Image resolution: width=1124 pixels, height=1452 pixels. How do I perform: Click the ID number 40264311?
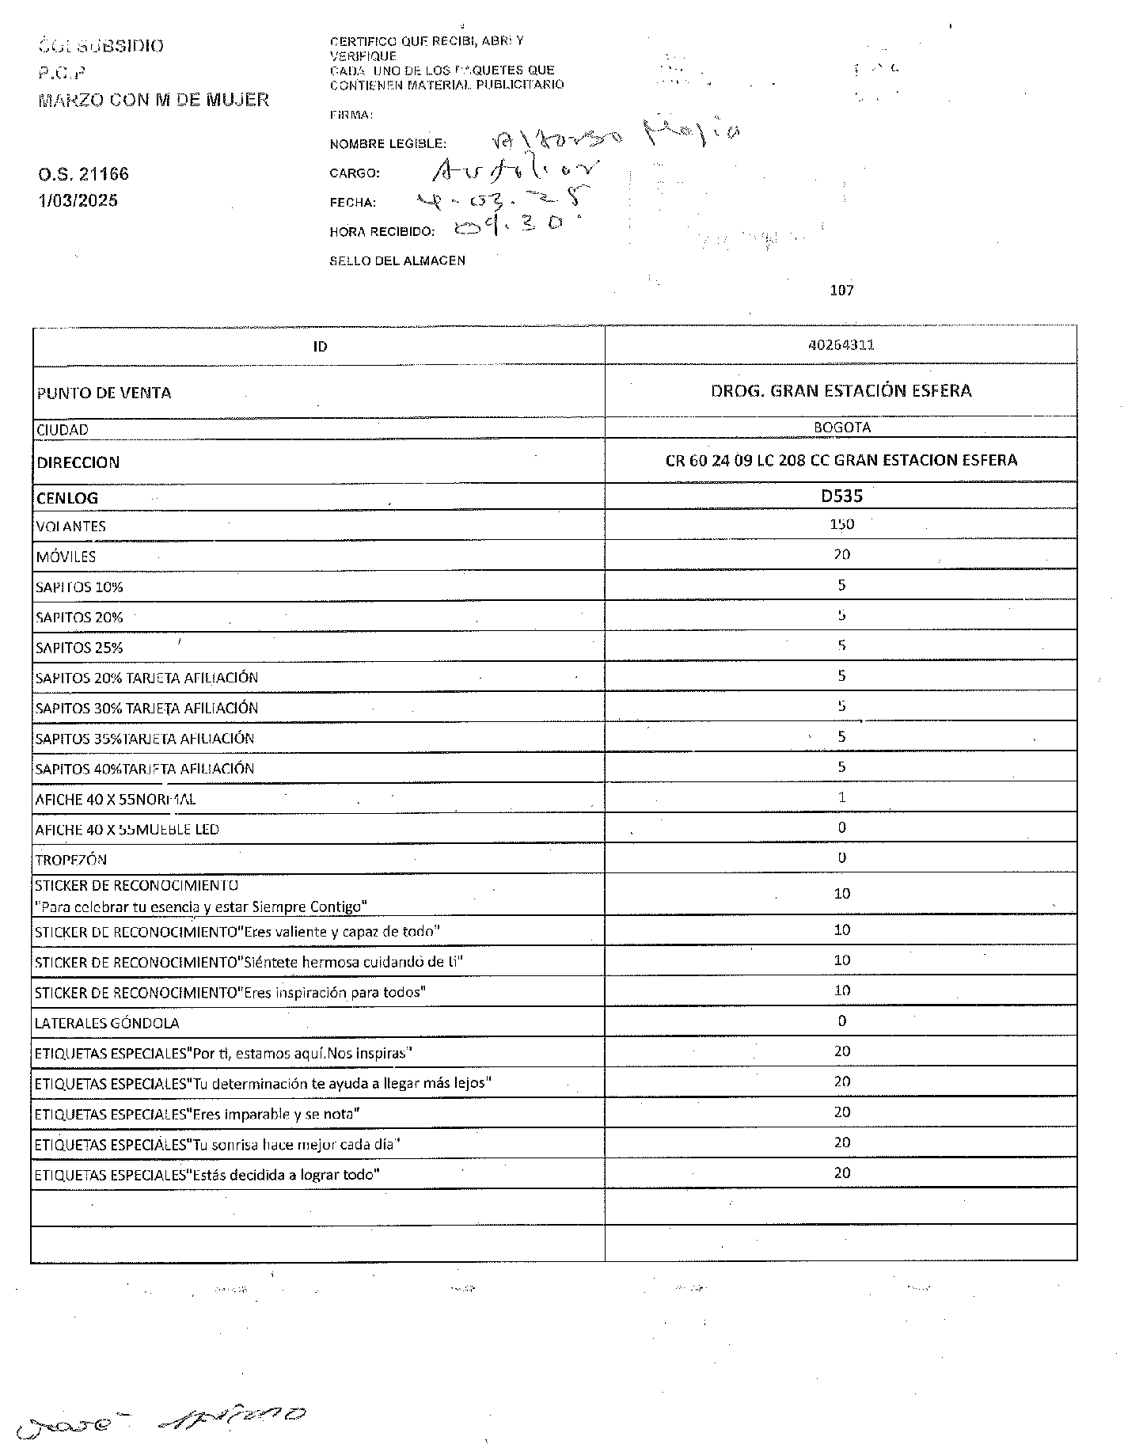841,345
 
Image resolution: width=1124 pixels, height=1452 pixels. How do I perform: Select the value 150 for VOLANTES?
841,524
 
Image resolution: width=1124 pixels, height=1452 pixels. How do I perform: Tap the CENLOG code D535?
841,496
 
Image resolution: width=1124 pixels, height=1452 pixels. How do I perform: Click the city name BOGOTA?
841,428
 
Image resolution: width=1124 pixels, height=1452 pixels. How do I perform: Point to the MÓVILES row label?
66,557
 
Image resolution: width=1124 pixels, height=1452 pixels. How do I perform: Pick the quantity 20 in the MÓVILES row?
841,554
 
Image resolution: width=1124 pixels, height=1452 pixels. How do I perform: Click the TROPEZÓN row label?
71,860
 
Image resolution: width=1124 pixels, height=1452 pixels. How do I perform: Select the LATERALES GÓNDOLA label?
107,1023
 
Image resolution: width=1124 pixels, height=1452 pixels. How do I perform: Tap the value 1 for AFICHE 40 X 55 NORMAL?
841,797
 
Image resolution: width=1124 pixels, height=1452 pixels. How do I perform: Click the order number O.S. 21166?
83,174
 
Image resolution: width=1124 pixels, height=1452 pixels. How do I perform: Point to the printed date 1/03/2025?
78,200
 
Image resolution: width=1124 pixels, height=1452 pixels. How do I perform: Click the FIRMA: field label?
351,115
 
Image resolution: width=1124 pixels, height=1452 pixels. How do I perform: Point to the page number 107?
841,291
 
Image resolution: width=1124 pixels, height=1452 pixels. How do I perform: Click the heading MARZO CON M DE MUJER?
154,100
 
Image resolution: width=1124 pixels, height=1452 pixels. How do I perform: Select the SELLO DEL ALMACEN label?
397,260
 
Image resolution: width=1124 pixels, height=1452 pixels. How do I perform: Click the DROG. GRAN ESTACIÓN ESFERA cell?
841,390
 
